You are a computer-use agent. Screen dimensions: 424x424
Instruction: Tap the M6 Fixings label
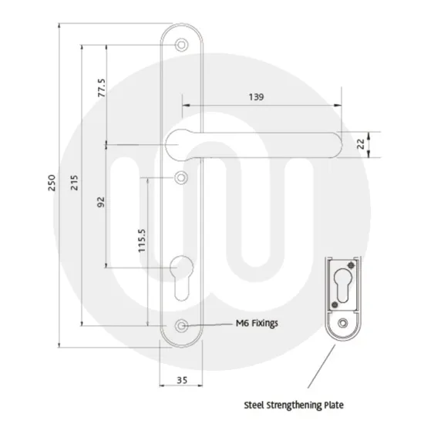click(x=252, y=325)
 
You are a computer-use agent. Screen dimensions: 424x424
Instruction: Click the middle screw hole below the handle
click(x=181, y=178)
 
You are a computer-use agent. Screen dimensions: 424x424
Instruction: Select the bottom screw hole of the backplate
click(x=181, y=326)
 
